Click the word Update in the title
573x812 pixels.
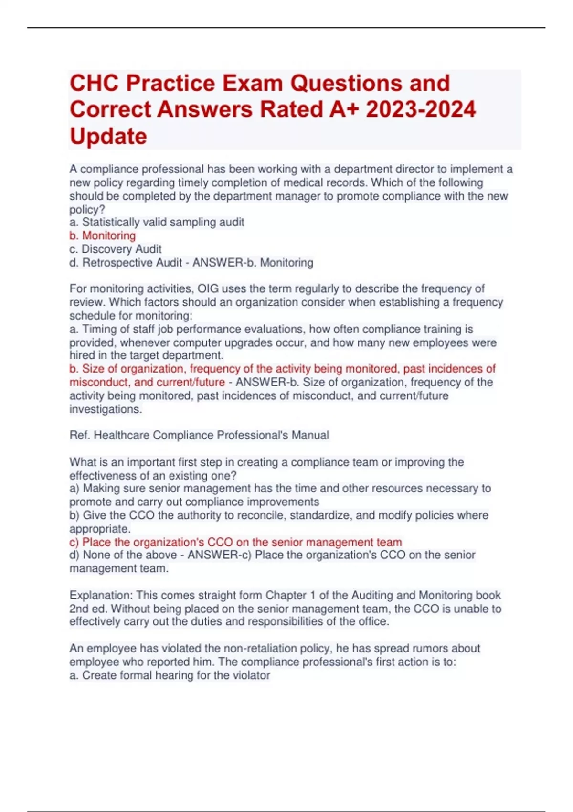(108, 137)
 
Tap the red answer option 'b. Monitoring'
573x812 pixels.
(103, 235)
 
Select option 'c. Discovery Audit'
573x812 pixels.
(116, 249)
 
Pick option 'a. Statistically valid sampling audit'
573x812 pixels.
(157, 222)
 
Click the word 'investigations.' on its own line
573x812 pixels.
(106, 409)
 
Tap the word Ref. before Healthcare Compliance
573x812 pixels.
(79, 435)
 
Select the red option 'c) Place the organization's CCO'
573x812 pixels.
(235, 542)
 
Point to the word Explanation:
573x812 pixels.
(101, 595)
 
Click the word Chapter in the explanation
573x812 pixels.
(287, 595)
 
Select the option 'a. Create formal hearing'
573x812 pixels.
(170, 675)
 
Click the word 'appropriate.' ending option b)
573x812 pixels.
(100, 529)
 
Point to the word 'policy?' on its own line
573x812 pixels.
(87, 209)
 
